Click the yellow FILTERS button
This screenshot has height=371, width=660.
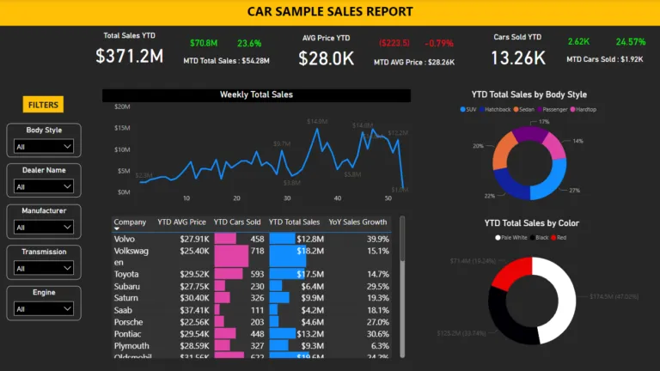43,105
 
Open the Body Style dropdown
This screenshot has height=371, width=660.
44,147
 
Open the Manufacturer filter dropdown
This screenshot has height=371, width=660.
44,227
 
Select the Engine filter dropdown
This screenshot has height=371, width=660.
44,309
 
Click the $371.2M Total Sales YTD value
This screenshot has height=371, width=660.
129,57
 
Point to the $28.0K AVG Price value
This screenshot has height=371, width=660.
326,58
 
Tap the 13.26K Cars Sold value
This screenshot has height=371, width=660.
517,58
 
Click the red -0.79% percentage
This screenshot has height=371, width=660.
440,43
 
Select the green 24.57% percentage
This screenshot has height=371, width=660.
630,42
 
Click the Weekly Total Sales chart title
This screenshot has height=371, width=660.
256,94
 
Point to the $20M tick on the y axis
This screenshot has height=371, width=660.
122,107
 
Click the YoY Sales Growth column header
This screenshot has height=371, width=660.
357,222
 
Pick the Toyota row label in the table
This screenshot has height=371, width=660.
127,274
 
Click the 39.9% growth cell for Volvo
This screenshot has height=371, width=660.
377,239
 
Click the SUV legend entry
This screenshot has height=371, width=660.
472,109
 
